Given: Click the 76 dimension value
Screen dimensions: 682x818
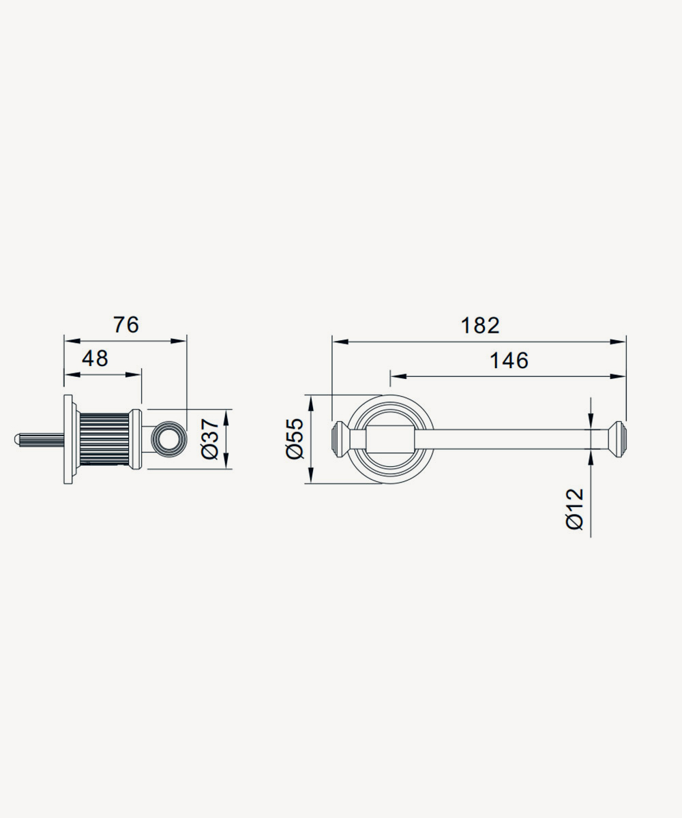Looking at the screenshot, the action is pyautogui.click(x=126, y=324).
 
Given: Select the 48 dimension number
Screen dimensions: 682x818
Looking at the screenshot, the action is pyautogui.click(x=95, y=359).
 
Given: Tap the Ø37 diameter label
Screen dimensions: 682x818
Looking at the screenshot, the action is pyautogui.click(x=209, y=439).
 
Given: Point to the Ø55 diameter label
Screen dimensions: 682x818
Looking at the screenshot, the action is pyautogui.click(x=295, y=439).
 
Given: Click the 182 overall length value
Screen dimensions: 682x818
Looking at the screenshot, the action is pyautogui.click(x=480, y=326).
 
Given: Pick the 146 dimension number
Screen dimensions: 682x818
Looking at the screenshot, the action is pyautogui.click(x=509, y=361).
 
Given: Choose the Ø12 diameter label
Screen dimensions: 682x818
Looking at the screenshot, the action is pyautogui.click(x=575, y=509).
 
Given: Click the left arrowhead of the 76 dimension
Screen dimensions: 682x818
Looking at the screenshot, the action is pyautogui.click(x=72, y=342).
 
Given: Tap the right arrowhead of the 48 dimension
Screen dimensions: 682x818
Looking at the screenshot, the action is pyautogui.click(x=133, y=375).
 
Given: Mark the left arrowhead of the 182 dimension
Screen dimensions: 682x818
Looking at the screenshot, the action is pyautogui.click(x=340, y=342).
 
